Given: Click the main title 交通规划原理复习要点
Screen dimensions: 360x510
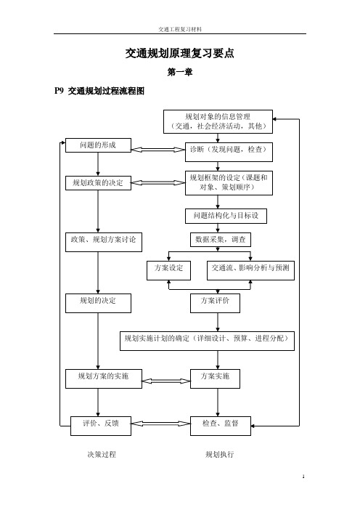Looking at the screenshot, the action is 180,53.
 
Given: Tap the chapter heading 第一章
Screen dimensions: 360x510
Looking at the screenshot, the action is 180,72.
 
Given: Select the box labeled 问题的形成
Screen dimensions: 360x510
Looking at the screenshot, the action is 98,145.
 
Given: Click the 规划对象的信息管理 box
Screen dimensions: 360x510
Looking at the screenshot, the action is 218,121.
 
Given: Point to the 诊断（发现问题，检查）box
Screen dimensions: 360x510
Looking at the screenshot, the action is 229,153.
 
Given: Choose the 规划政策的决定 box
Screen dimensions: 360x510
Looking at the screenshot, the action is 98,183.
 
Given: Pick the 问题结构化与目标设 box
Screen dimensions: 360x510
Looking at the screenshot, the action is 226,216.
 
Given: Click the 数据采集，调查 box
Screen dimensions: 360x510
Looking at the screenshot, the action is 221,240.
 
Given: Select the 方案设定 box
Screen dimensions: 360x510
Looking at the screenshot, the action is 168,270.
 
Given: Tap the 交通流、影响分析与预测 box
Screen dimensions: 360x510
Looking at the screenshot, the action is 250,270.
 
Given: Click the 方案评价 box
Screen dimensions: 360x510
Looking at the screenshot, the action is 215,304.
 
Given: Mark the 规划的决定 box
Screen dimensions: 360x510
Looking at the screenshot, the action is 98,304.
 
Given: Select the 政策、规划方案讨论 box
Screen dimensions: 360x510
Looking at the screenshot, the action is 104,242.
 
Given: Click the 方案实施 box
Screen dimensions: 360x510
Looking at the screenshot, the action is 215,379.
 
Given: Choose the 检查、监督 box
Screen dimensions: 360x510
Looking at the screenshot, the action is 221,426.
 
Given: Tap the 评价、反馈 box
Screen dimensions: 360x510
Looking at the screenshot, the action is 101,426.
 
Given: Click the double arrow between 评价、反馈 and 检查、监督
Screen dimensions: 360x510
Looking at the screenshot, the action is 160,424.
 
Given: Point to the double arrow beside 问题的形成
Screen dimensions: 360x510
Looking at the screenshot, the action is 158,150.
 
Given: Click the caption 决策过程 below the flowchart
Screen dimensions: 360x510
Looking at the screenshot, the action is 102,454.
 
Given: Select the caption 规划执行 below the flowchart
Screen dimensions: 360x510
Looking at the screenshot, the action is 220,454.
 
